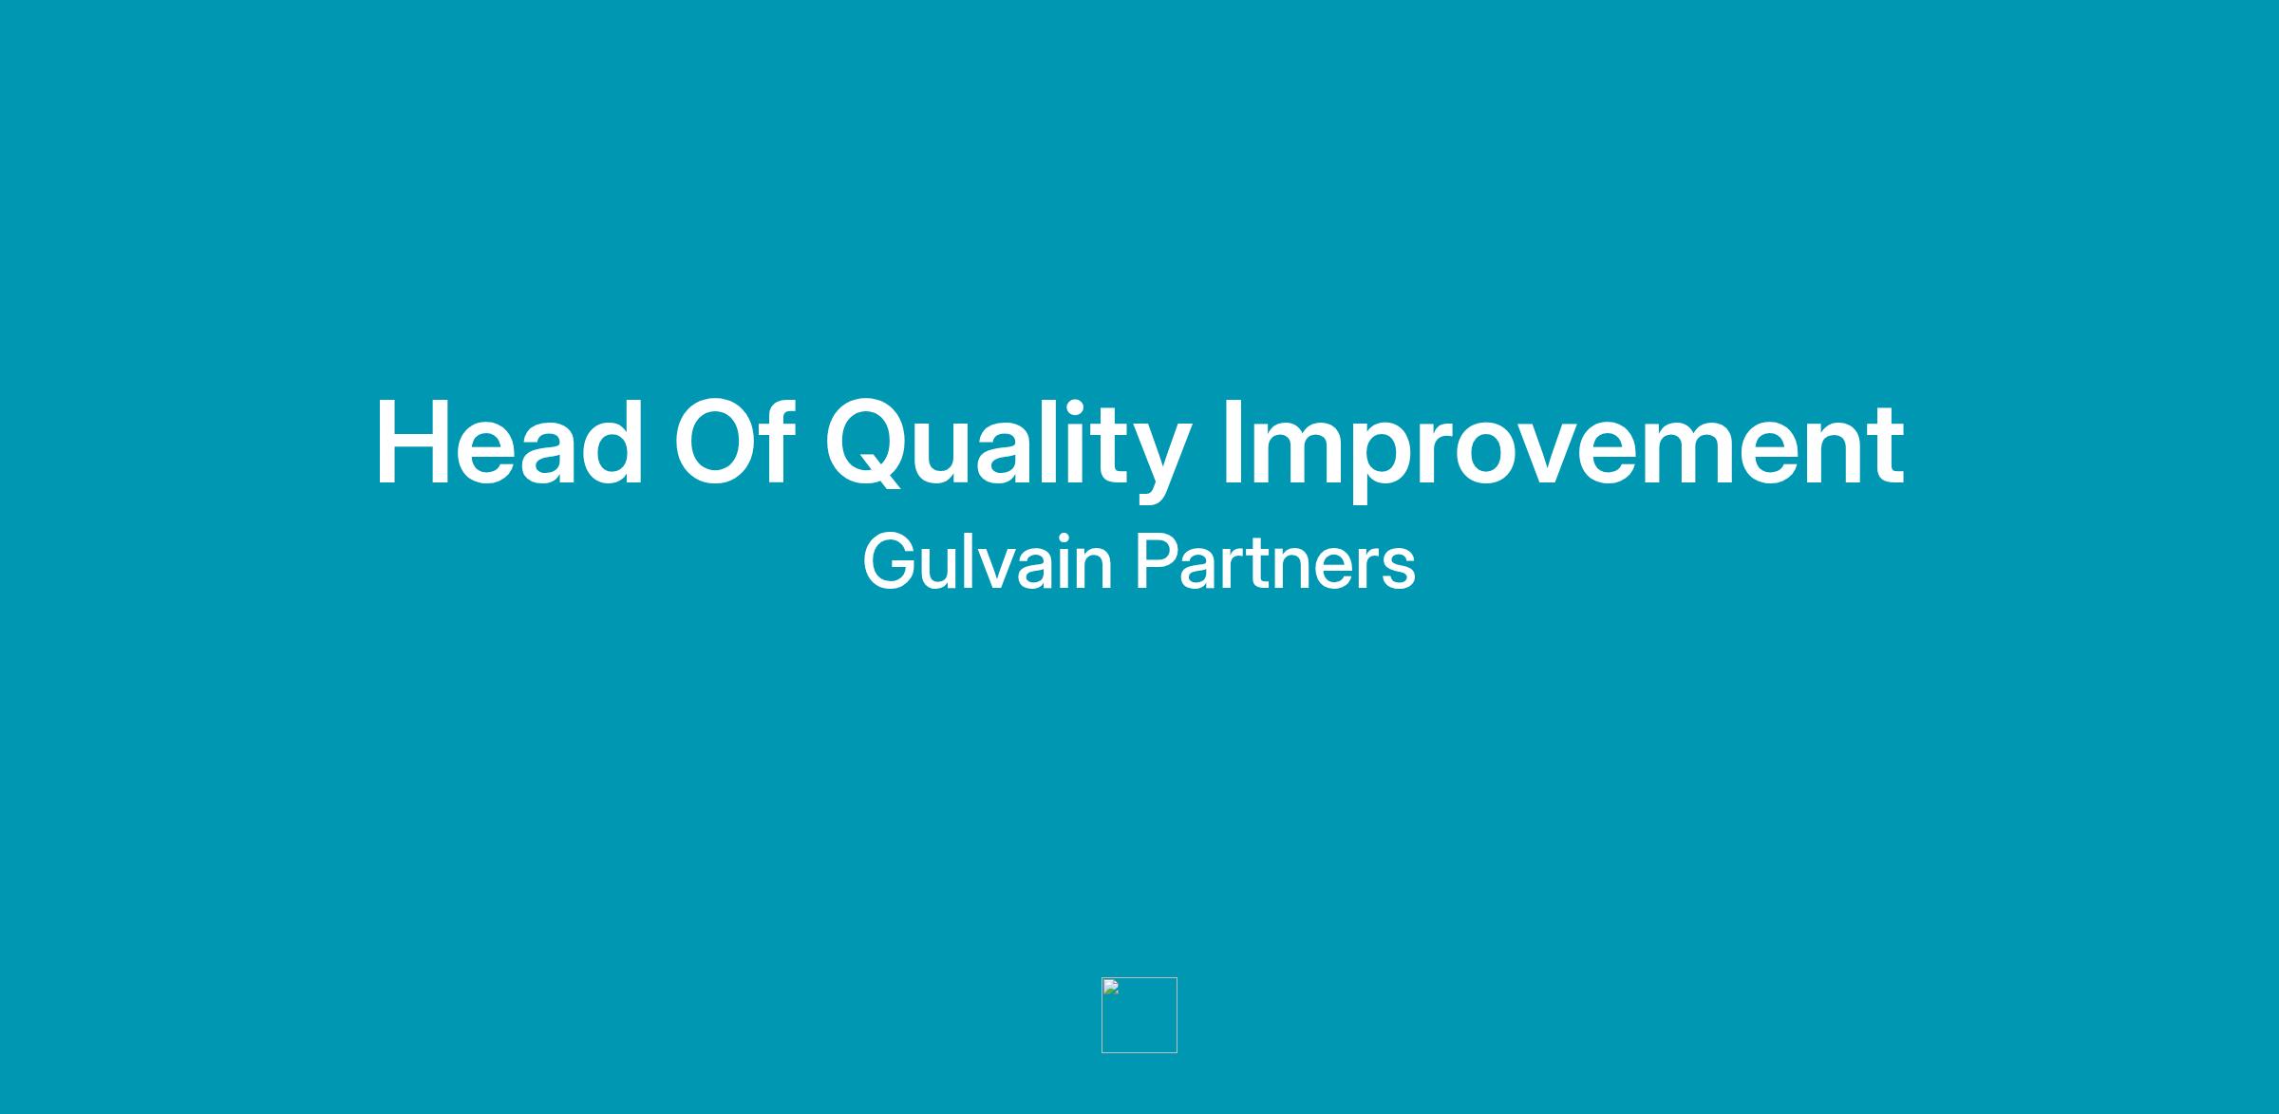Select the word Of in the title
click(733, 442)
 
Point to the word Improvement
click(1563, 449)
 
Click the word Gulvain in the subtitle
click(988, 561)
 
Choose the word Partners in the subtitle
click(1275, 562)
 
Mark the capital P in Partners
click(1156, 562)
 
